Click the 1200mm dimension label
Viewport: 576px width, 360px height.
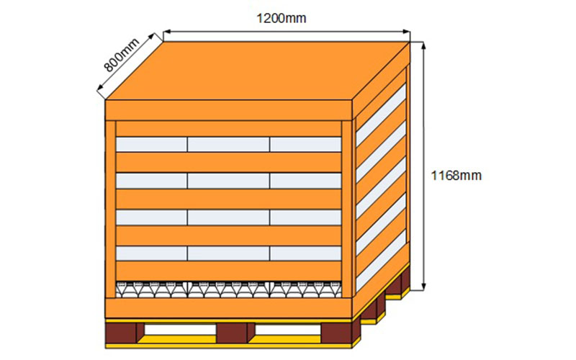tap(281, 18)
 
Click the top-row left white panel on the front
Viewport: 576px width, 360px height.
tap(151, 144)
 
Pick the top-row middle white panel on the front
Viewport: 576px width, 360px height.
tap(228, 144)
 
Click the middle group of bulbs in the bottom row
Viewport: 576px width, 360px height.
tap(228, 289)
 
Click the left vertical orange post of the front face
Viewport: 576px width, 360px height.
tap(110, 209)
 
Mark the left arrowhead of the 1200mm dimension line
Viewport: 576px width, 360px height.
tap(166, 31)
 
